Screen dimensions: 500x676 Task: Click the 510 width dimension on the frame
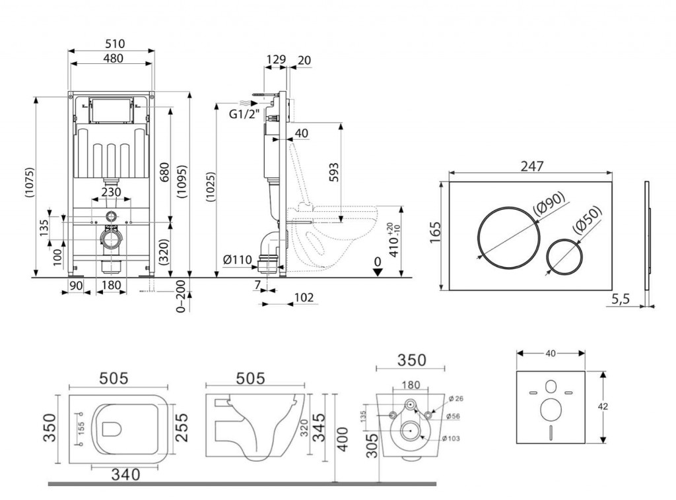click(x=115, y=44)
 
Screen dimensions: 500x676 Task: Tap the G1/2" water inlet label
click(x=243, y=113)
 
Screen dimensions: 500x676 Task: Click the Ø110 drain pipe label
click(x=238, y=260)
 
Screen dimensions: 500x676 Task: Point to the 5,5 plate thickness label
click(x=621, y=299)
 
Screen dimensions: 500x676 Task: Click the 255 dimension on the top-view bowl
click(x=182, y=428)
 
